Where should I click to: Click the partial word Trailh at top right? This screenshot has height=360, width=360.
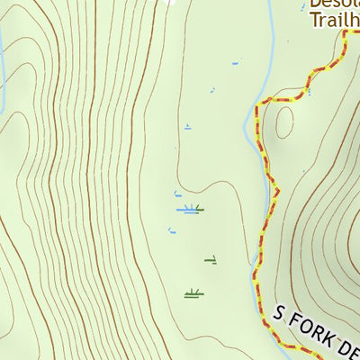(x=332, y=17)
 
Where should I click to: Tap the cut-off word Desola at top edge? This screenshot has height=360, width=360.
(x=334, y=3)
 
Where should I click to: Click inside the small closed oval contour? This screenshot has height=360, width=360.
(x=284, y=121)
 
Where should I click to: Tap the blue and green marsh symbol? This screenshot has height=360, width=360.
(x=190, y=209)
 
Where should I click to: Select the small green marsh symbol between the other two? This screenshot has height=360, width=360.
(x=211, y=261)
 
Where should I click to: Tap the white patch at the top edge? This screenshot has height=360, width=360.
(x=167, y=3)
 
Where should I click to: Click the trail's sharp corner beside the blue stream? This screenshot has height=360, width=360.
(x=256, y=108)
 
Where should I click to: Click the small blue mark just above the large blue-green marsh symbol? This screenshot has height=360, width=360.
(x=177, y=193)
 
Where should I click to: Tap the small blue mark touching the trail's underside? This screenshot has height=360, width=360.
(x=309, y=90)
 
